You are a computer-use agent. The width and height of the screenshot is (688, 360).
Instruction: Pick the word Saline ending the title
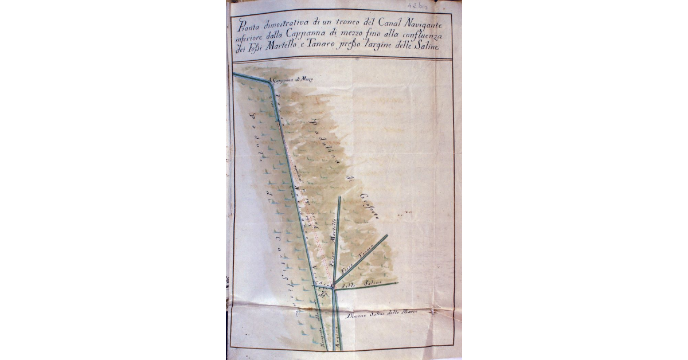tap(424, 49)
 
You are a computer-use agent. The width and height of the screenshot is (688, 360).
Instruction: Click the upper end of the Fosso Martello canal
tap(339, 198)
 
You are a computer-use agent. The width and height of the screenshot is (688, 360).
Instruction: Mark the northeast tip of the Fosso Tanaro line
tap(387, 235)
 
